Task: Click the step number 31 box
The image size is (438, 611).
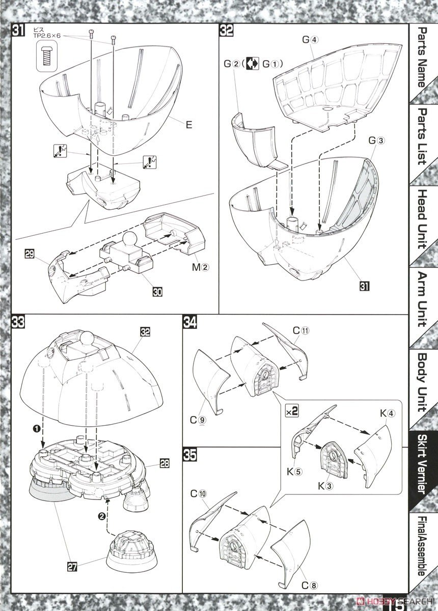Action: pyautogui.click(x=18, y=31)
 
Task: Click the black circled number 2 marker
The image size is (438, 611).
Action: pyautogui.click(x=102, y=516)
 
